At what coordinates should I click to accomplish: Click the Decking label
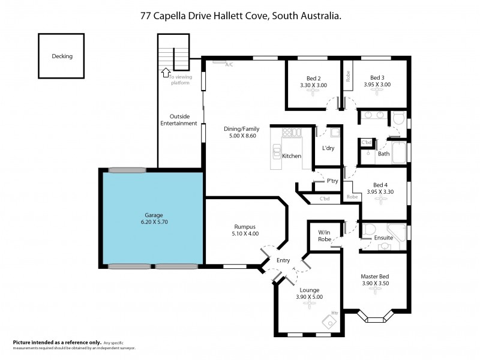tap(62, 56)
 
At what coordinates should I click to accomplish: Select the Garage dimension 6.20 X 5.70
tap(154, 223)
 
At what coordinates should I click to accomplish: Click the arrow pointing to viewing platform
tap(165, 73)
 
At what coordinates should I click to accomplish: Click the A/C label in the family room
tap(229, 65)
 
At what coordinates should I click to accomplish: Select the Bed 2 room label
tap(314, 77)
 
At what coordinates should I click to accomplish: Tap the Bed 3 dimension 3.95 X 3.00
tap(377, 85)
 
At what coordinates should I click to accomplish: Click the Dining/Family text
tap(241, 129)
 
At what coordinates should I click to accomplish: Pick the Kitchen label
tap(292, 156)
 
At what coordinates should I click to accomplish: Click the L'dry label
tap(328, 148)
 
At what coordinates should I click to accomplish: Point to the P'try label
tap(332, 181)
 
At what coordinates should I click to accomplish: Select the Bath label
tap(383, 154)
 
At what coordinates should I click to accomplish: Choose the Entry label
tap(283, 260)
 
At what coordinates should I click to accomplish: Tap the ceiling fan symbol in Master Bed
tap(377, 289)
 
